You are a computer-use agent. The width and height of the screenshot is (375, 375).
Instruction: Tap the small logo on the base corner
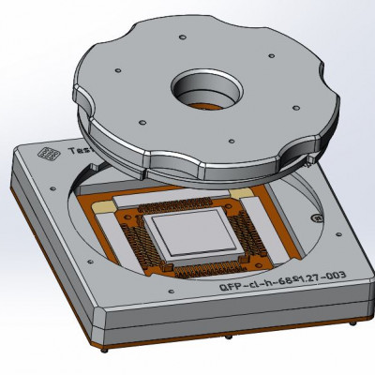(x=43, y=153)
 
